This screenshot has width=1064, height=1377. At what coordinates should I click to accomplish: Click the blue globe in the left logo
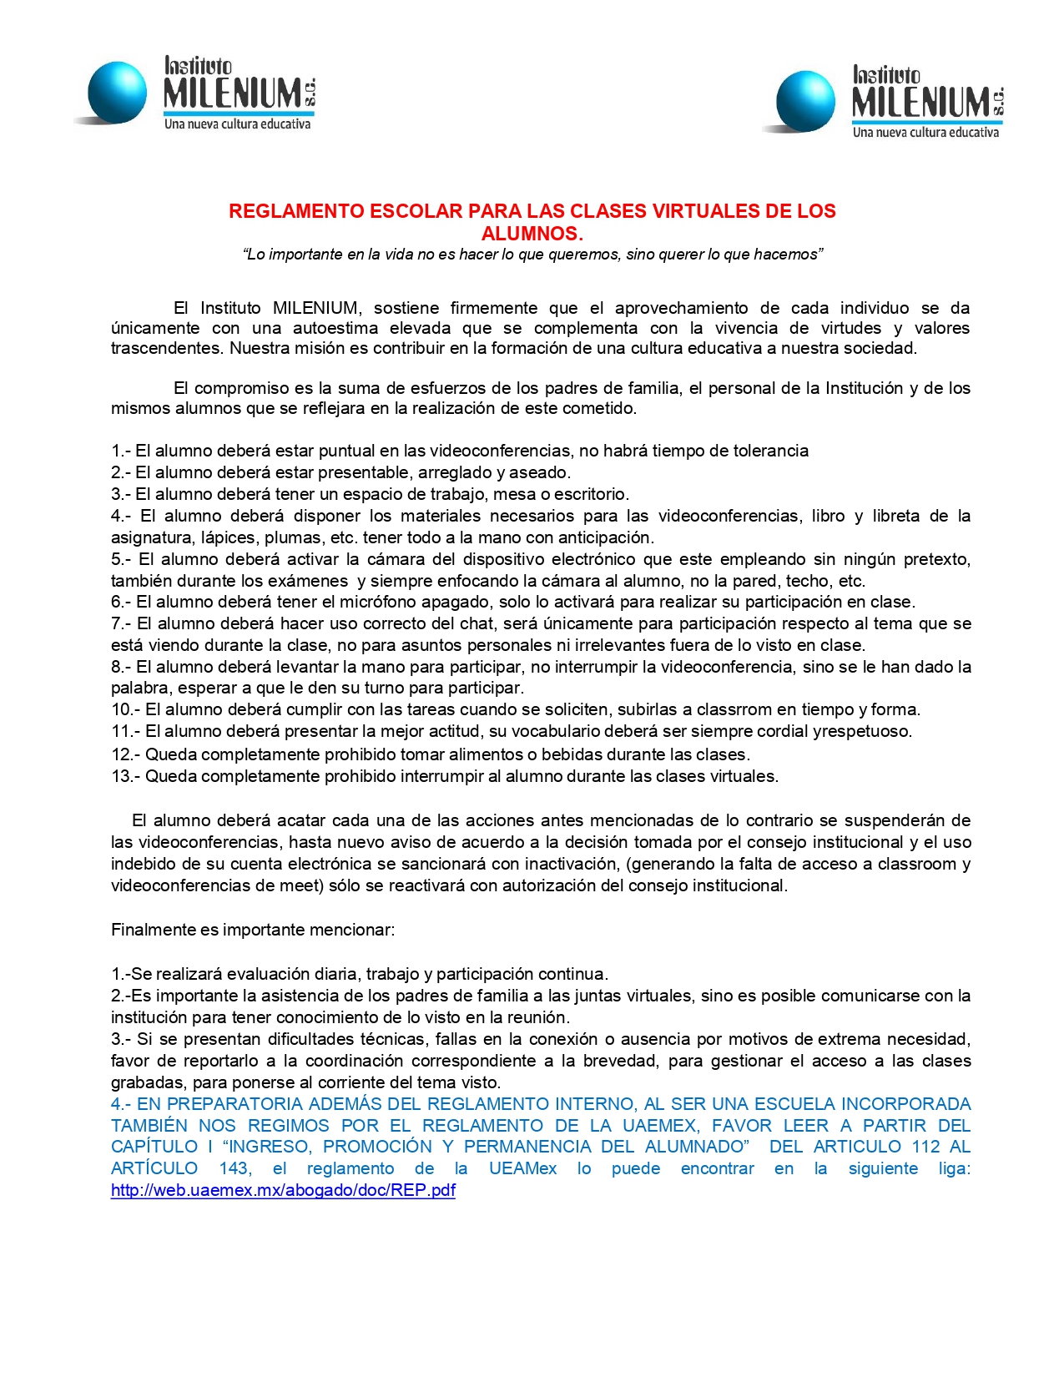pos(116,91)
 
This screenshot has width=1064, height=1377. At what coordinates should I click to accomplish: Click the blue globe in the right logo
pos(804,100)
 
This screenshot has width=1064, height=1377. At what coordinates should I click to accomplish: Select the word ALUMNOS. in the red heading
pos(532,234)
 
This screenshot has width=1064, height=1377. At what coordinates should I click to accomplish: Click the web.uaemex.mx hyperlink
pos(283,1190)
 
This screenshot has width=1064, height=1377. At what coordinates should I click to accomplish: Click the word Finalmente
pos(153,930)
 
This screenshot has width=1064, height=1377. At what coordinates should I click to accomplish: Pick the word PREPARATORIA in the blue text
pos(235,1104)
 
